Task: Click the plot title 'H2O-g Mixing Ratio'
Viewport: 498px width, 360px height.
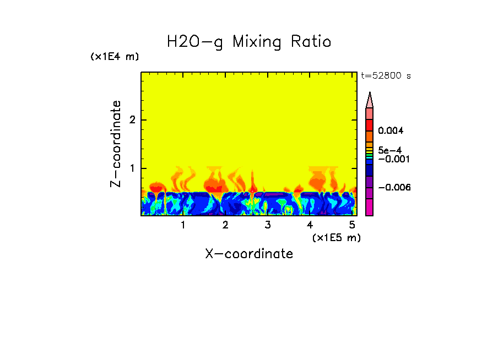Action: [249, 42]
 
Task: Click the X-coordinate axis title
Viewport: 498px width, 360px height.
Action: [249, 254]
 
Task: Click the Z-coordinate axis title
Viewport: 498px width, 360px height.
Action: [116, 144]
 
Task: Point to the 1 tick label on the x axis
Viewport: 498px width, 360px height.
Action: [183, 225]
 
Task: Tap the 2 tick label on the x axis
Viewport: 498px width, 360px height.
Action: [225, 225]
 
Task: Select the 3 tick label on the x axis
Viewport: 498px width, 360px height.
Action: [268, 225]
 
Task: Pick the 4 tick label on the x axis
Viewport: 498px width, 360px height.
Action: [310, 225]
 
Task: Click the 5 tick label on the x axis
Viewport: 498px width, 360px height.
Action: [352, 225]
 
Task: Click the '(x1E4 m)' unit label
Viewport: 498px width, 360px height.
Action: [115, 57]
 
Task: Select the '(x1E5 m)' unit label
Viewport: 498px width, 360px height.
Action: [336, 237]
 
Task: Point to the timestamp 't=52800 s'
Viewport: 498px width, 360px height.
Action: [386, 76]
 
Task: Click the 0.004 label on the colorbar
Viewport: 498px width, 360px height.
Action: [391, 131]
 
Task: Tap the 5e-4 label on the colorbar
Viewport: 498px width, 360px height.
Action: [390, 150]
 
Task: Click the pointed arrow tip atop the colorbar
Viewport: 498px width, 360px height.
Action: [370, 99]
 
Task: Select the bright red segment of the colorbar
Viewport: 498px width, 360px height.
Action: [370, 124]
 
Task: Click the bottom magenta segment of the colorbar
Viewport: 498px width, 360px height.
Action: [370, 208]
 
